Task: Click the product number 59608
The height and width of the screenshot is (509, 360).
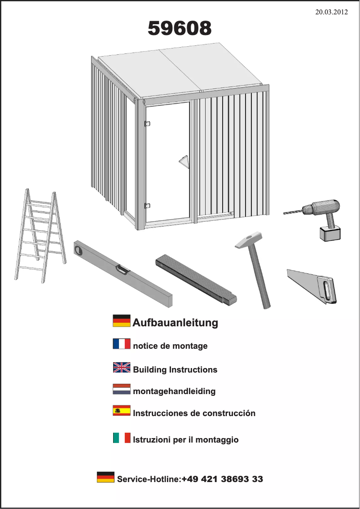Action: (x=180, y=29)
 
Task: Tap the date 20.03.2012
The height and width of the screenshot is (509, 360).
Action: (x=332, y=12)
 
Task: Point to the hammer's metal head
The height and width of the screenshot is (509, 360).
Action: (x=249, y=241)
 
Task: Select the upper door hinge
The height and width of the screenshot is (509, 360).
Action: (x=147, y=124)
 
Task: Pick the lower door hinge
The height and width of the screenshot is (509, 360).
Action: (x=147, y=206)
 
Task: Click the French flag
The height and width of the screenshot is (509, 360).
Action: (x=122, y=344)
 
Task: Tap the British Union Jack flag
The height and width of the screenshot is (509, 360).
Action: (x=122, y=368)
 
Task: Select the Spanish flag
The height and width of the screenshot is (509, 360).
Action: (x=122, y=411)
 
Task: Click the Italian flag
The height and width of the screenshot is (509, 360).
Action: (x=122, y=438)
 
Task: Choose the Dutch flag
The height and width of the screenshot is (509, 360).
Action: (x=122, y=389)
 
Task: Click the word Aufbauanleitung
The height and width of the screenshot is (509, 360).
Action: (x=175, y=322)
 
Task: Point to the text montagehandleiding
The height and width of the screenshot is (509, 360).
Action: (x=174, y=391)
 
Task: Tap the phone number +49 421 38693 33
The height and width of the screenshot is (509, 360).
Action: (x=222, y=479)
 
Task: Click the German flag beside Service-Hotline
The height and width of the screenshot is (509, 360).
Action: (x=105, y=477)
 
